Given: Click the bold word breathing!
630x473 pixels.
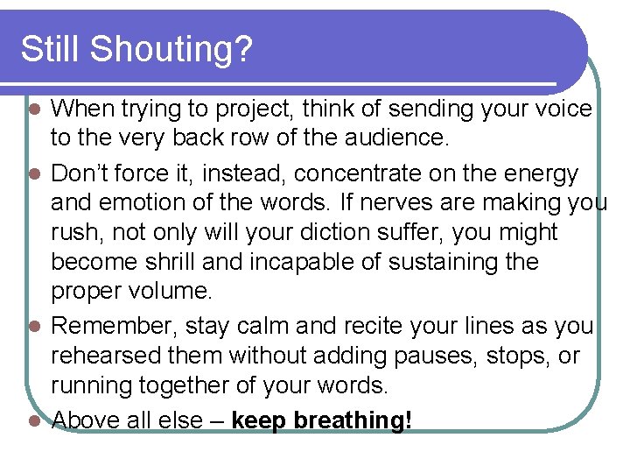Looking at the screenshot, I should [353, 420].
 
